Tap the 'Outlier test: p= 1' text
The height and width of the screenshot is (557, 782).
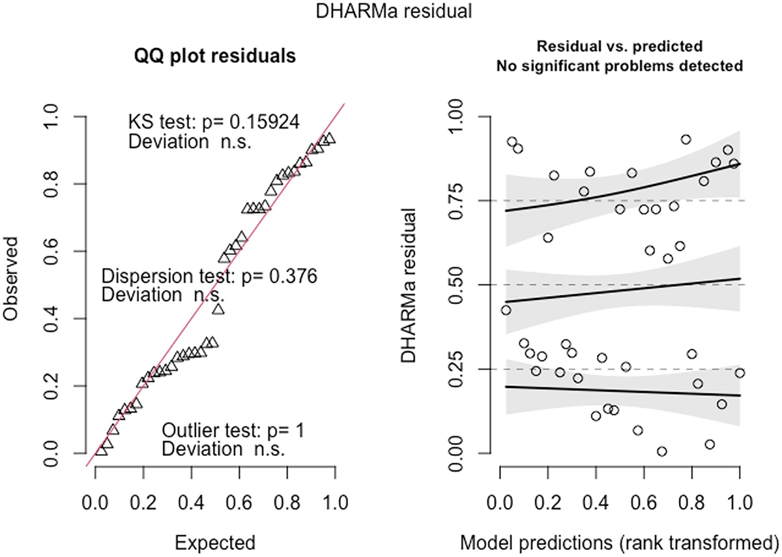click(x=233, y=431)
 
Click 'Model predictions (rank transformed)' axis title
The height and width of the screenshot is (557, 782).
click(x=619, y=541)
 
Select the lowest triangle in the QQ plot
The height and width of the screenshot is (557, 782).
click(x=101, y=450)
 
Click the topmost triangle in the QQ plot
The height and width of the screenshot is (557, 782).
click(x=330, y=138)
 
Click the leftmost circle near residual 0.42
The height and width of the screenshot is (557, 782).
click(x=506, y=310)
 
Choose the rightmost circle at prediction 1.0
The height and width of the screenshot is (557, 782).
click(x=739, y=372)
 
